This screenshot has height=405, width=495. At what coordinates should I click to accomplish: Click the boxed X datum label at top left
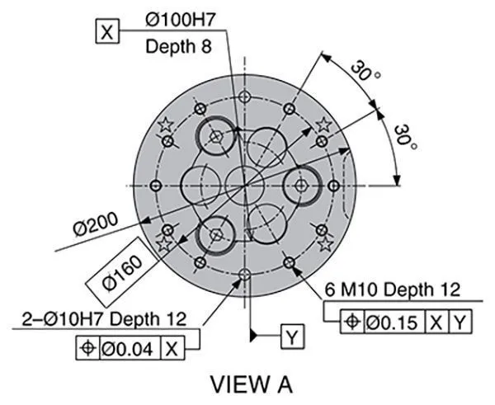click(x=107, y=31)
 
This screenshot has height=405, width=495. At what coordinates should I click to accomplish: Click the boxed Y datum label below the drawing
click(x=293, y=337)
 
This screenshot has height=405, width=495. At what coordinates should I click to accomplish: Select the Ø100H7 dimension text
click(x=180, y=20)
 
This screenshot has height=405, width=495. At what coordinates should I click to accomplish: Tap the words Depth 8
click(x=178, y=46)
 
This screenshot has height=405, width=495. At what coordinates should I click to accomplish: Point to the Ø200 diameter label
click(x=96, y=224)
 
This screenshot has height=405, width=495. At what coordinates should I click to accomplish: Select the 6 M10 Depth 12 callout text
click(x=393, y=290)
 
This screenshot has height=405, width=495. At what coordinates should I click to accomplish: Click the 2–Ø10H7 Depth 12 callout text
click(x=104, y=319)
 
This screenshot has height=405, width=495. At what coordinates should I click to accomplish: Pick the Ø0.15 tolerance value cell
click(x=394, y=322)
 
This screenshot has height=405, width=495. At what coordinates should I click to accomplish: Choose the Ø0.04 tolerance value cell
click(x=130, y=348)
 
